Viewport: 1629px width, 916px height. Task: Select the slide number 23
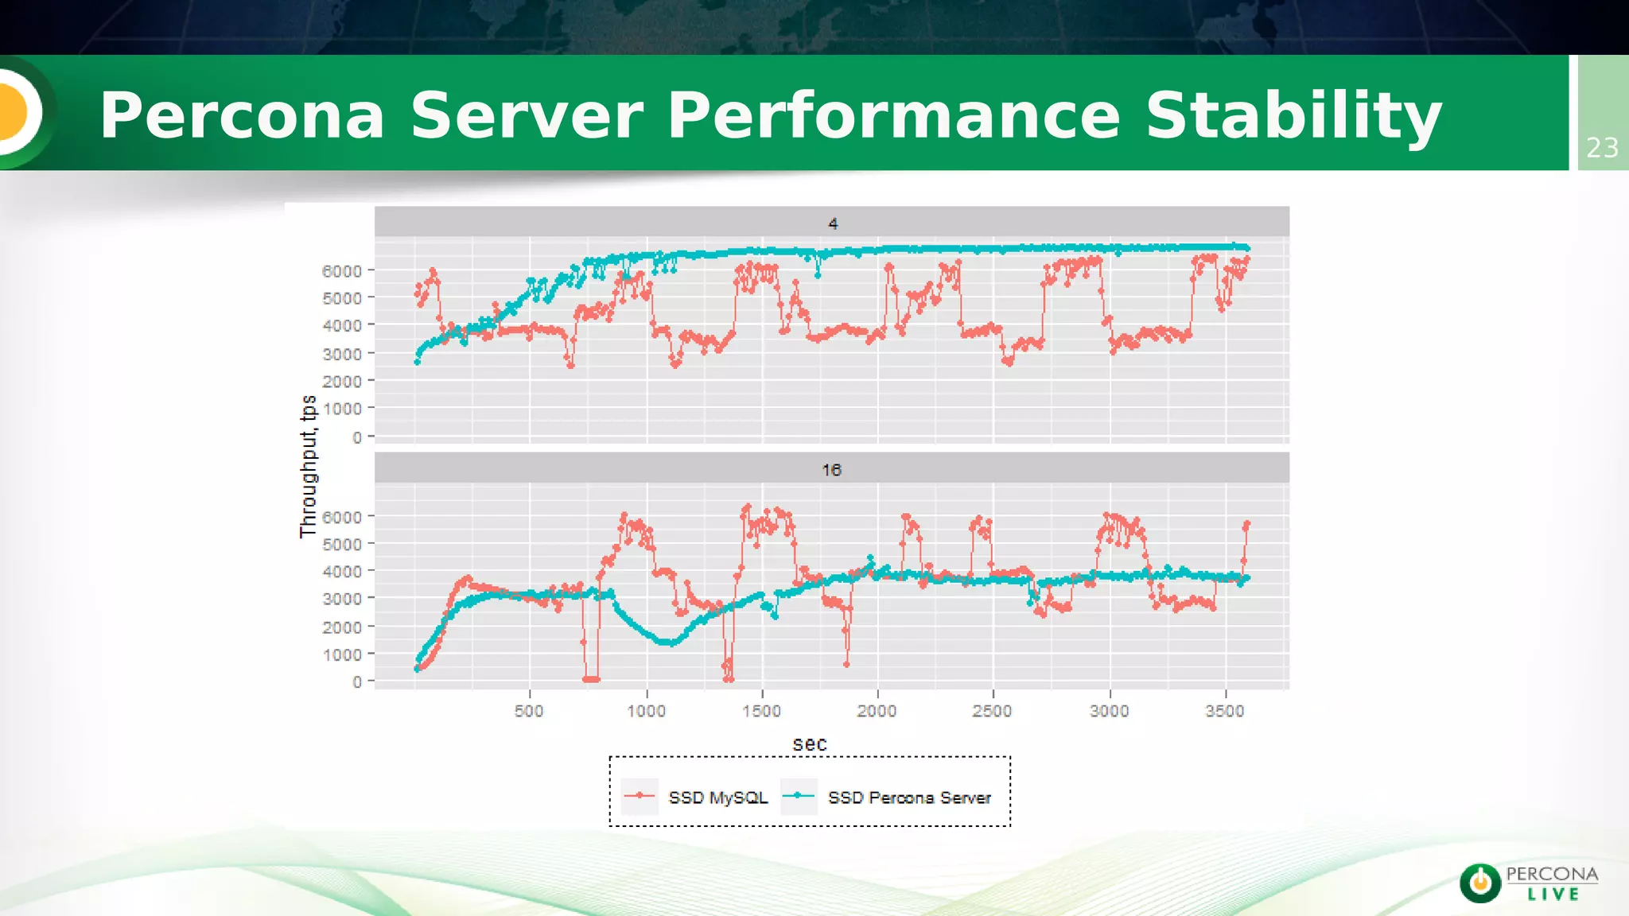(x=1602, y=148)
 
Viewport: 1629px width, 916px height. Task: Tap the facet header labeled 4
(x=832, y=223)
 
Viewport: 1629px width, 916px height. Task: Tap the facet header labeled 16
(x=831, y=470)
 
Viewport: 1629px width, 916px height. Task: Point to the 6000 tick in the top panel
(x=341, y=271)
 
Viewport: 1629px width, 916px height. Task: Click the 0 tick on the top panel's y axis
(x=357, y=437)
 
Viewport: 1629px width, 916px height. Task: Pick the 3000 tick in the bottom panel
(x=341, y=599)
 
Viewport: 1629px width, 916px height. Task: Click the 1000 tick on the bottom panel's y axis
(x=341, y=654)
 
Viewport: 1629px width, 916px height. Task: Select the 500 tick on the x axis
(x=529, y=711)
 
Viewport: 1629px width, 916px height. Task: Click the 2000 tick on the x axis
(x=877, y=711)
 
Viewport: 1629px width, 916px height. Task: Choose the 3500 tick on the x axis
(x=1224, y=711)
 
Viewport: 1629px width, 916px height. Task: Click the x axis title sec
(x=810, y=744)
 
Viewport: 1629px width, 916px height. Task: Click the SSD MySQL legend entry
(x=717, y=798)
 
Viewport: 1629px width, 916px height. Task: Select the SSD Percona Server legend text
(x=909, y=798)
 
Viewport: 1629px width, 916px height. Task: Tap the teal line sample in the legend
(x=799, y=796)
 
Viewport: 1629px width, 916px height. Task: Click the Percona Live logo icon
(x=1480, y=883)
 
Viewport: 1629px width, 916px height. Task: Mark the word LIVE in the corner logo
(x=1553, y=895)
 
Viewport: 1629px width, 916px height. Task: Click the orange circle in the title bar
(x=14, y=112)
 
